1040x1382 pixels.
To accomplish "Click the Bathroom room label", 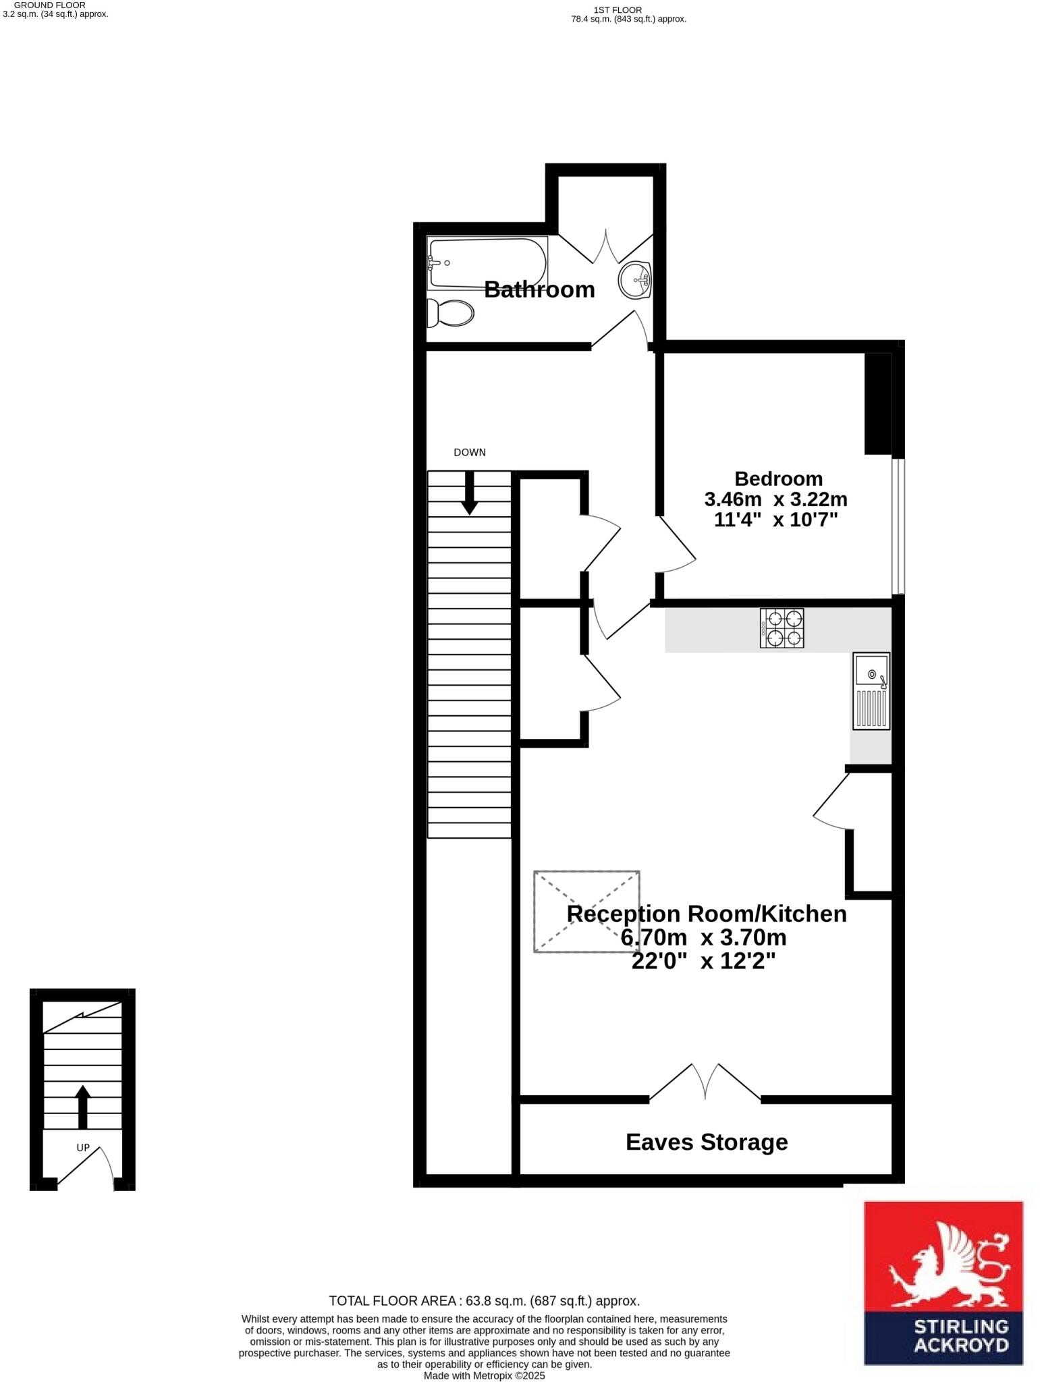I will [x=539, y=289].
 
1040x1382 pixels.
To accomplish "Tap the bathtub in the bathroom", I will [x=487, y=263].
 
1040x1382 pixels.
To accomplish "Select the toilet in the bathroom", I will [x=450, y=313].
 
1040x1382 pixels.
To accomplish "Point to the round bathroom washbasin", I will [x=634, y=279].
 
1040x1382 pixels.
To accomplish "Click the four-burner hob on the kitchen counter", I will [x=782, y=628].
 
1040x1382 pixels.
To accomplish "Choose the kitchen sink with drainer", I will [x=871, y=690].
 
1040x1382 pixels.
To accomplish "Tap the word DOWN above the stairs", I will [x=470, y=452].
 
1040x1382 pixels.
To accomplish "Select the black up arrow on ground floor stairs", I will [x=82, y=1107].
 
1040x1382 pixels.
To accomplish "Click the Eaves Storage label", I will [x=707, y=1142].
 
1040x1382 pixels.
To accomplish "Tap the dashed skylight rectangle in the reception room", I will [x=586, y=911].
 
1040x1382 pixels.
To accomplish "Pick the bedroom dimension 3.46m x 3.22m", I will [x=775, y=499].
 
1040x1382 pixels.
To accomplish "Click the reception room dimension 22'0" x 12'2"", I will [x=703, y=961].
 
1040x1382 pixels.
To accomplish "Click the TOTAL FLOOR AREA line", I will [x=484, y=1300].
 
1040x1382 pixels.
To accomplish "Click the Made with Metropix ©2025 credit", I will [x=484, y=1375].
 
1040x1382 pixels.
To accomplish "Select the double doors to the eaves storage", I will [x=705, y=1083].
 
